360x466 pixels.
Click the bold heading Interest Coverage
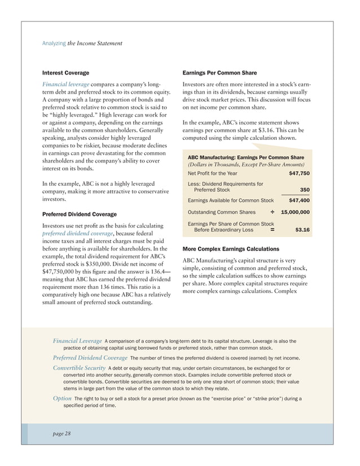[x=65, y=73]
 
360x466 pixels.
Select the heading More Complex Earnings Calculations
[x=231, y=248]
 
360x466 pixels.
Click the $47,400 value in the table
[x=298, y=200]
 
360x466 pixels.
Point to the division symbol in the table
[x=272, y=212]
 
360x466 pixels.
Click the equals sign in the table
[x=273, y=230]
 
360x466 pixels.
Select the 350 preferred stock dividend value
[x=304, y=190]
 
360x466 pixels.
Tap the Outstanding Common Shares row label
[x=221, y=212]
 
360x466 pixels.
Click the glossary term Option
[x=62, y=399]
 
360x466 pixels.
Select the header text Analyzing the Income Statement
[x=82, y=43]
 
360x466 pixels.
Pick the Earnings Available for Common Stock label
[x=230, y=200]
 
